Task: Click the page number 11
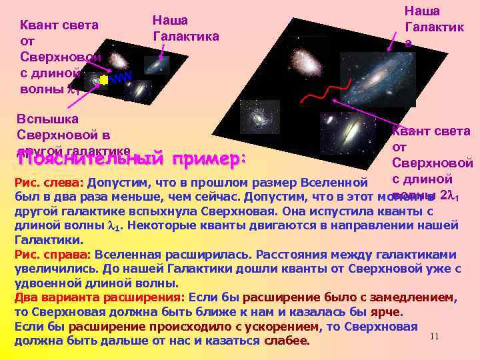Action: [434, 337]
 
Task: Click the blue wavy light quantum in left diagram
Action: [121, 79]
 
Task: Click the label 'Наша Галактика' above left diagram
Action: [185, 28]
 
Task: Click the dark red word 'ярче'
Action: [387, 312]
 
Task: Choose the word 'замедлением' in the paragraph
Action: [415, 297]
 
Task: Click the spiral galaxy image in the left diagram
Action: [157, 65]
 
